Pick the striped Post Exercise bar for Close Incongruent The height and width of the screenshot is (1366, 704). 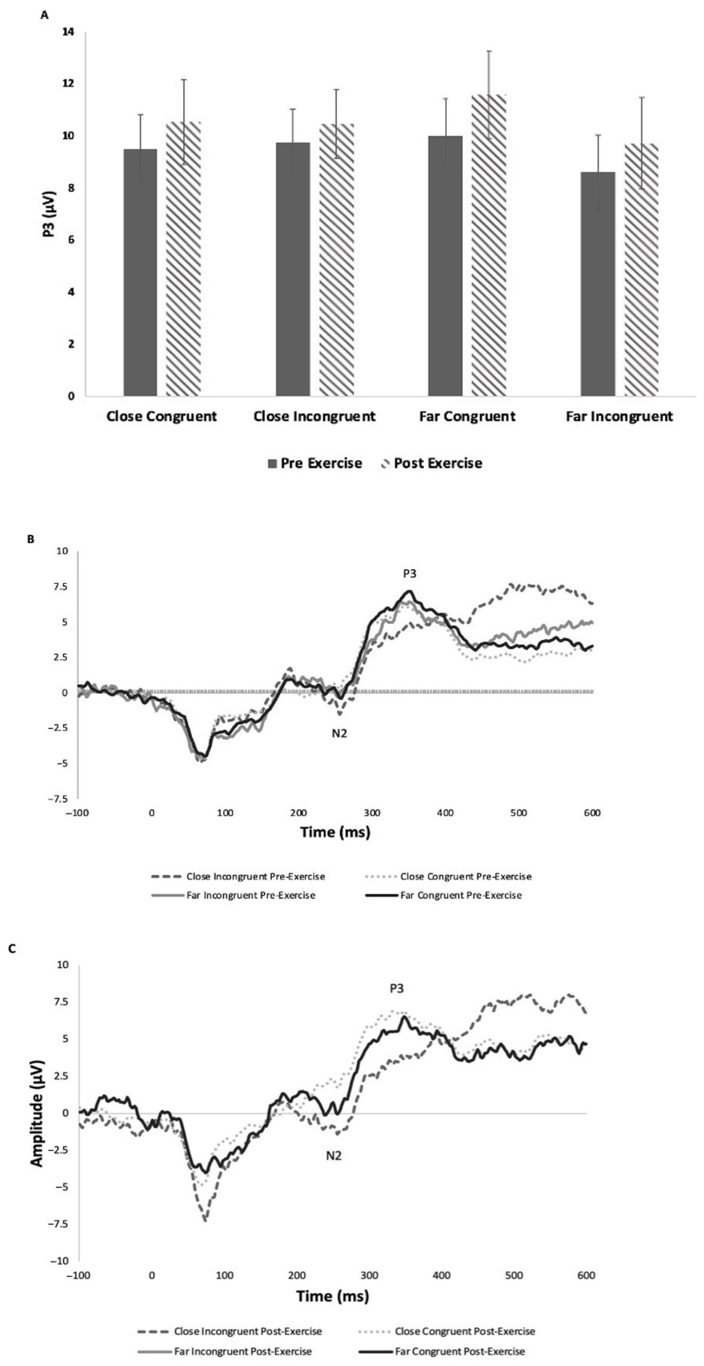point(336,260)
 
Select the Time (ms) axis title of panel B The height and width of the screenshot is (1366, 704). point(335,832)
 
